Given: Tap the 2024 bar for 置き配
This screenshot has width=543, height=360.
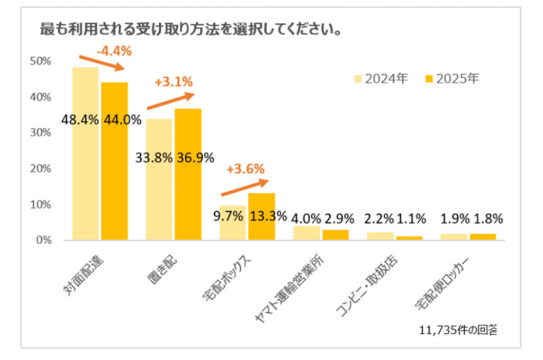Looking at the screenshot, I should [159, 197].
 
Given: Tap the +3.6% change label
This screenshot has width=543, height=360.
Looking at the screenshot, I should [245, 169].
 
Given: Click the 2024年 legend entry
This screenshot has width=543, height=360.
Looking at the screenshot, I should [381, 78].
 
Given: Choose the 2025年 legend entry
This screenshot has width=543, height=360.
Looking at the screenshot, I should [452, 78].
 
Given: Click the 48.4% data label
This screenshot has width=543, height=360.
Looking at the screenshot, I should [80, 120].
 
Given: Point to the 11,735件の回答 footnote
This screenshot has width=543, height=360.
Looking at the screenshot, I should [460, 331].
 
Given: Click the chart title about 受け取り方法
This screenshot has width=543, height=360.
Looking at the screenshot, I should [191, 31].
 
